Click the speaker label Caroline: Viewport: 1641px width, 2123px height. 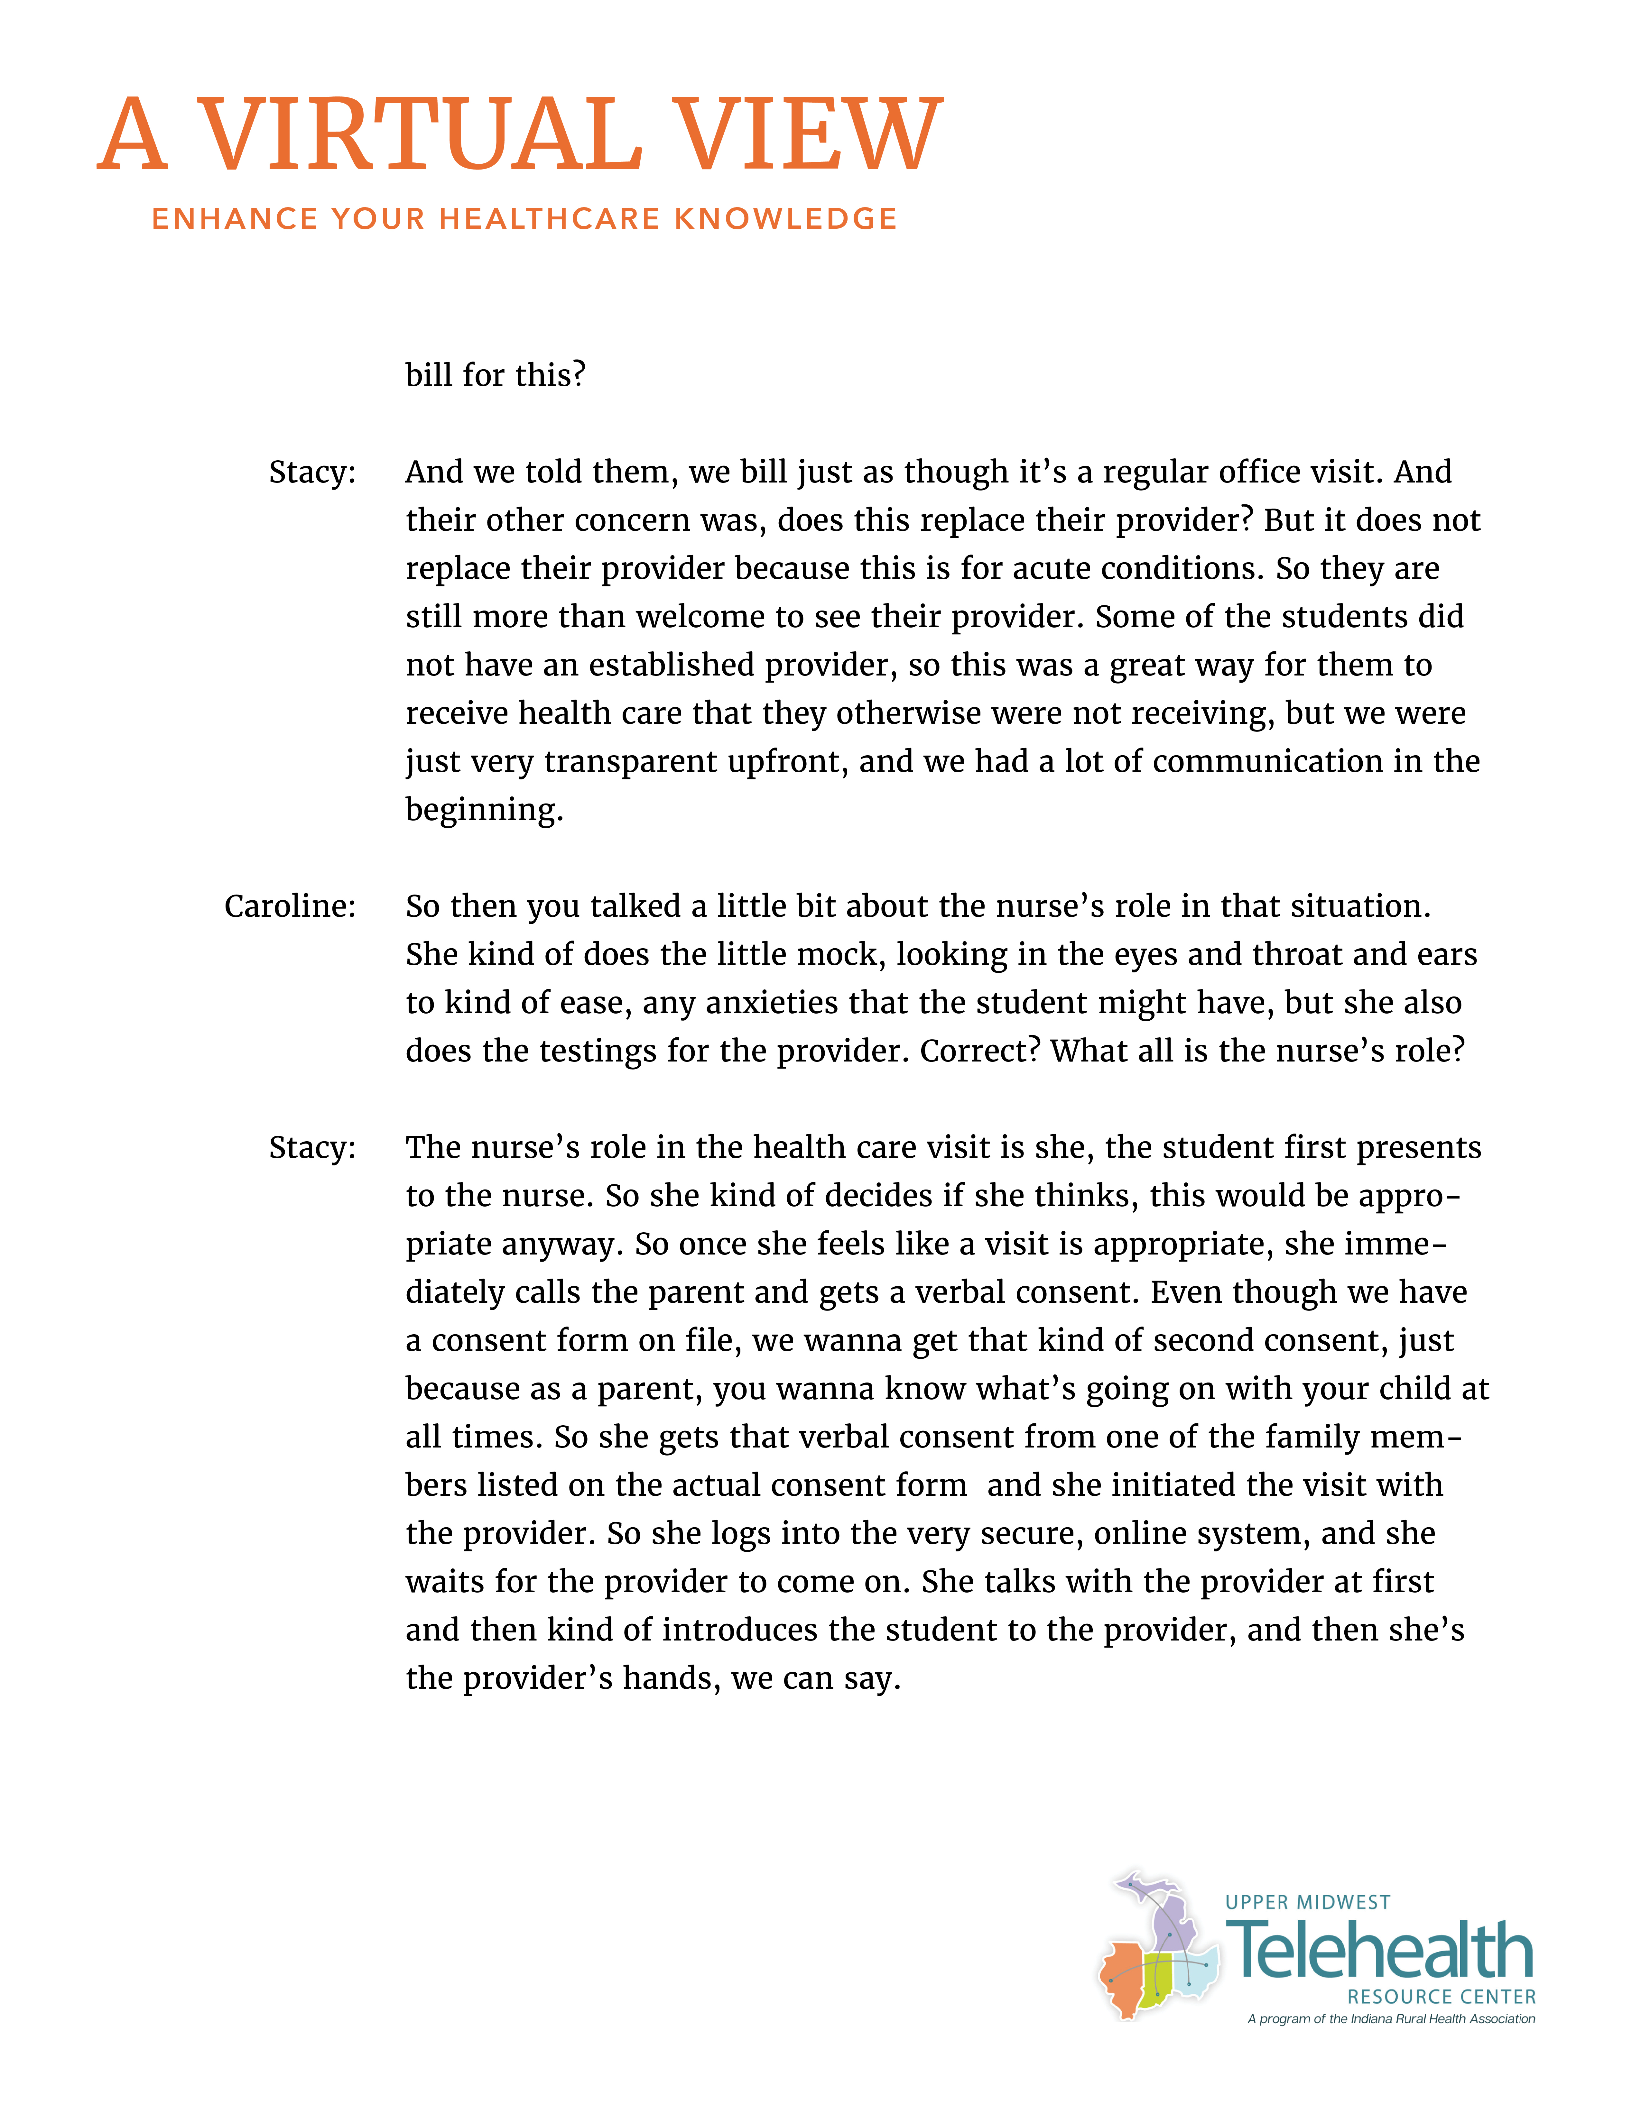290,906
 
